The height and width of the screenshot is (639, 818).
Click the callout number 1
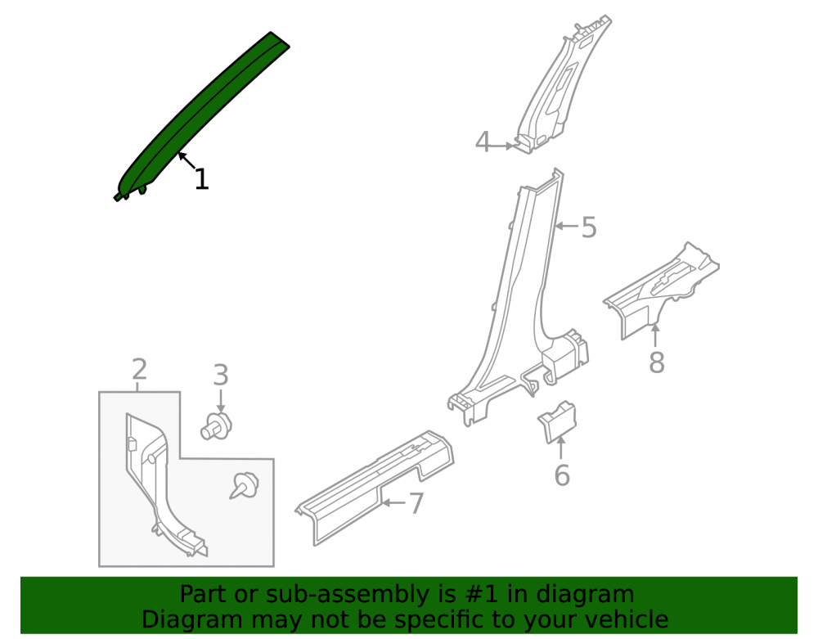[201, 179]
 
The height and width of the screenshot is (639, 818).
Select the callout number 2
[139, 369]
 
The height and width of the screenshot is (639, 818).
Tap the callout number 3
[221, 375]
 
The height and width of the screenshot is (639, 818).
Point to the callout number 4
[483, 142]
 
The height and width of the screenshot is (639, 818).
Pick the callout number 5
[589, 227]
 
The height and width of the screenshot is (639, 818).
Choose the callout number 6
[561, 475]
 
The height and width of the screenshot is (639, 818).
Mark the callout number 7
[416, 503]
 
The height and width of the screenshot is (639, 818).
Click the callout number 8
[656, 362]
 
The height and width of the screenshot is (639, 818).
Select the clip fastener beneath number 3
[216, 425]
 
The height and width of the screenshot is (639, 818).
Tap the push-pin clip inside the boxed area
[245, 486]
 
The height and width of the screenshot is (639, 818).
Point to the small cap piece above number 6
[557, 422]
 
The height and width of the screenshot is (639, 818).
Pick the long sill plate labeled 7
[375, 487]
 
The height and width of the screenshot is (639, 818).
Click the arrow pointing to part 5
[567, 226]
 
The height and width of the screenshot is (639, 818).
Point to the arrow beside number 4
[503, 146]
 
